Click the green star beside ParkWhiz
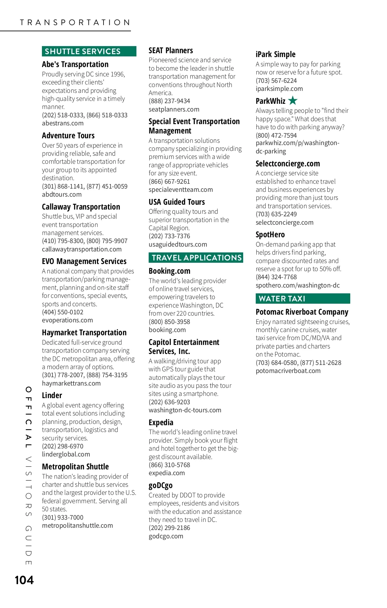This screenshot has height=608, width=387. tap(293, 101)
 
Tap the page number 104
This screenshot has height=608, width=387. tap(24, 580)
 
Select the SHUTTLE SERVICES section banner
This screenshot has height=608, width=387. tap(89, 51)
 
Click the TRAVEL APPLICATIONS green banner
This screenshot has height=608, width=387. tap(196, 258)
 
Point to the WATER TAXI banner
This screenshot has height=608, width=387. tap(303, 299)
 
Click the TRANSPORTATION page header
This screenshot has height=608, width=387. tap(75, 23)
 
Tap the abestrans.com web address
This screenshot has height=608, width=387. tap(63, 123)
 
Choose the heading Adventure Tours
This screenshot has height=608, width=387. tap(68, 135)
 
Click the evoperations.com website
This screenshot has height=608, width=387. tap(67, 320)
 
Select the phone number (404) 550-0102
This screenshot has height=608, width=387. tap(63, 312)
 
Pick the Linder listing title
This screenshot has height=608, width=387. tap(52, 395)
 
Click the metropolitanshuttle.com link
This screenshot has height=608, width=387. tap(77, 525)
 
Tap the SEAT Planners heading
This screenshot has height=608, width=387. tap(171, 51)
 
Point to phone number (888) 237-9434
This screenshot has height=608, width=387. tap(169, 101)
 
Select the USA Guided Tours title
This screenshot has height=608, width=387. tap(177, 202)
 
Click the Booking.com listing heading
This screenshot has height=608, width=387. tap(169, 271)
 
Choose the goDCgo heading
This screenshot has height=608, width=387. tap(161, 485)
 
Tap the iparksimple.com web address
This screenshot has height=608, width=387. tap(279, 89)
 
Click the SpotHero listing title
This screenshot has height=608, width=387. tap(270, 234)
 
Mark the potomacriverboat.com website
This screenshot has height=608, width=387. tap(288, 371)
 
